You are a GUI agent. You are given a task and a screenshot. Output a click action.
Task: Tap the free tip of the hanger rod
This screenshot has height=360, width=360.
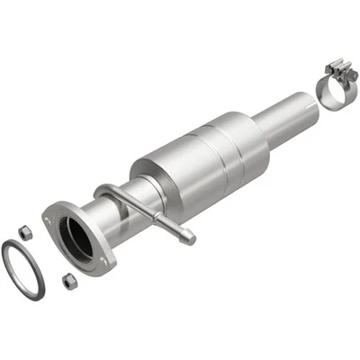(x=188, y=238)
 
